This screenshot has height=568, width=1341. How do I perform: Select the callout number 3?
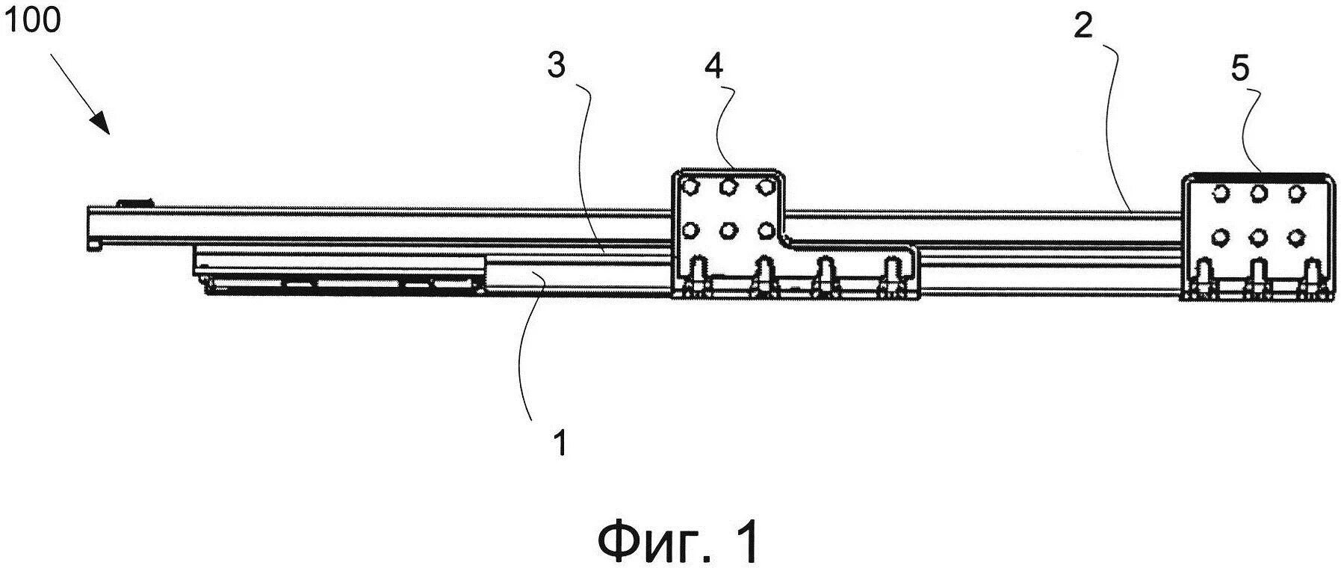(x=556, y=67)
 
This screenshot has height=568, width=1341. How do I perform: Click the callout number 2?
(x=1083, y=28)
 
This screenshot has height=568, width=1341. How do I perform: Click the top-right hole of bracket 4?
(x=764, y=185)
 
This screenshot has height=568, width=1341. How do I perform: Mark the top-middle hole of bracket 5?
(x=1259, y=193)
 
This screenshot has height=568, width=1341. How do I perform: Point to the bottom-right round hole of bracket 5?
(x=1296, y=237)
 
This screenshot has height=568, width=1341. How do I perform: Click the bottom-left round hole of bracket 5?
(x=1220, y=237)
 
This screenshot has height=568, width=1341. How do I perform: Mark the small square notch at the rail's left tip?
(x=95, y=244)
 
